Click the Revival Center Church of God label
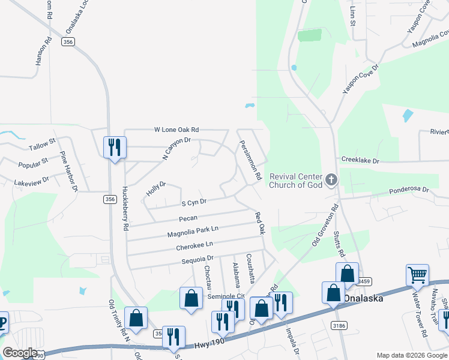coord(297,181)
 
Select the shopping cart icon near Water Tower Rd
coord(417,275)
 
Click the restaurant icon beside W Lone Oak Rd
coord(114,148)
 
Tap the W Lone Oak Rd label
coord(176,130)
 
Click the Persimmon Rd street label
coord(250,161)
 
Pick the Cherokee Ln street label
coord(194,245)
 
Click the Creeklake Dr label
coord(360,161)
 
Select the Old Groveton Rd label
coord(324,224)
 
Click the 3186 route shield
coord(339,325)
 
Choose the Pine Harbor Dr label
coord(68,171)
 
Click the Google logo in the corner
coord(20,353)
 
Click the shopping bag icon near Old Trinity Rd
coord(136,319)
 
